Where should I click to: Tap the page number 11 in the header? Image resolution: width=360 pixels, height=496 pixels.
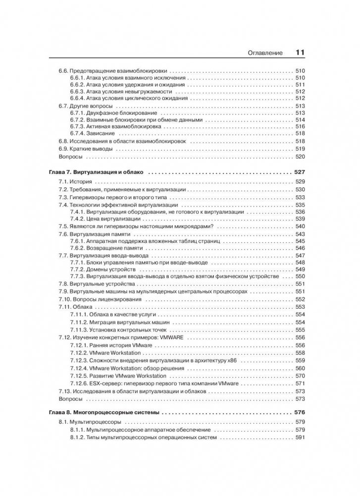(x=301, y=53)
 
